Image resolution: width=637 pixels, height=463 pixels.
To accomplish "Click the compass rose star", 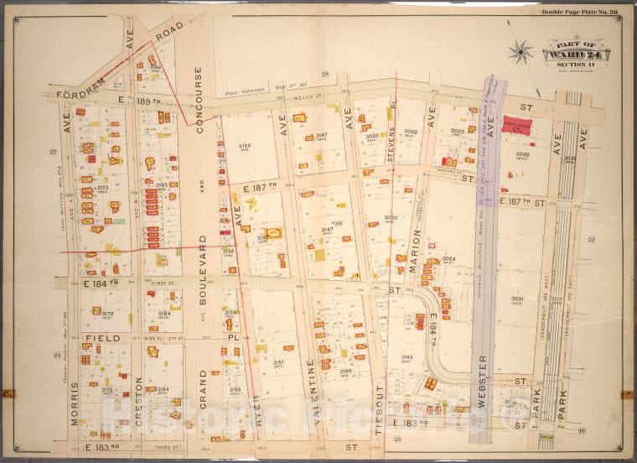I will pos(520,52).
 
